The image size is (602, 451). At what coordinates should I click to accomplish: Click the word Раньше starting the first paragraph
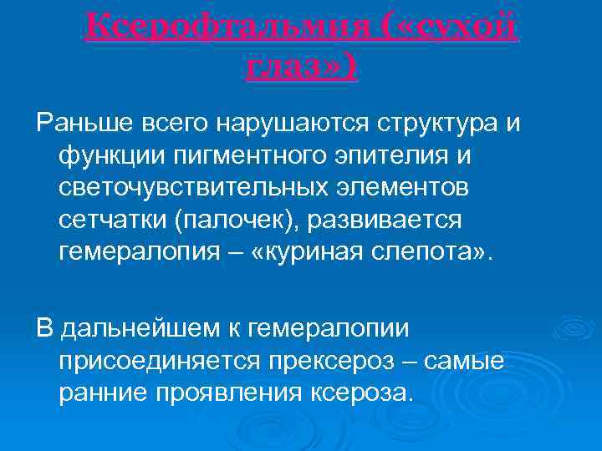click(x=83, y=124)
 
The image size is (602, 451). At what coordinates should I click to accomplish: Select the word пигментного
click(x=247, y=155)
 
